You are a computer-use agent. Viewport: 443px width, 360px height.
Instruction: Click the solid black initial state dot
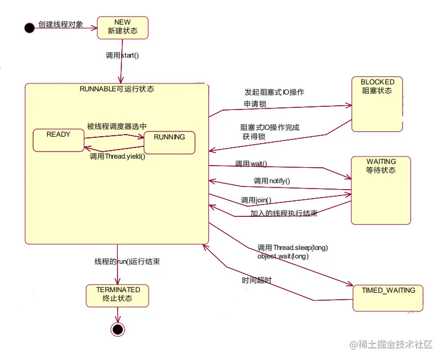(29, 28)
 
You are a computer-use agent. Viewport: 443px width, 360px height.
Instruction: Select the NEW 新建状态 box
(122, 27)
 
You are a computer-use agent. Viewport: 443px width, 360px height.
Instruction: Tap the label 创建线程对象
(60, 24)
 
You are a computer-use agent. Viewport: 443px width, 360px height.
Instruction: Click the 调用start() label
(122, 55)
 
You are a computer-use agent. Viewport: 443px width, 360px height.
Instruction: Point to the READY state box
(58, 140)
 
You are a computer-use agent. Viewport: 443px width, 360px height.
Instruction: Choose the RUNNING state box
(169, 143)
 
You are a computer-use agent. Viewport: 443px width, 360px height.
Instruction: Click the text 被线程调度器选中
(116, 127)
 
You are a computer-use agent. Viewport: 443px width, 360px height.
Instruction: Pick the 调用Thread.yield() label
(117, 157)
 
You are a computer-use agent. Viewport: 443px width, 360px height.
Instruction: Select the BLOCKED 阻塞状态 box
(377, 104)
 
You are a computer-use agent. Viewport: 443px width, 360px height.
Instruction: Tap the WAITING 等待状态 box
(381, 190)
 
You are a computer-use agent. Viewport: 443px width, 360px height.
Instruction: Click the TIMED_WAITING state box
(388, 298)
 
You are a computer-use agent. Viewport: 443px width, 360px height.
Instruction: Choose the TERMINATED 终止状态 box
(118, 295)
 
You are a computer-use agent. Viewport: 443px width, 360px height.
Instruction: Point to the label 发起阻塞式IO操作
(274, 92)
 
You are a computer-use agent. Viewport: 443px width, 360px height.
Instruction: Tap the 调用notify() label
(271, 181)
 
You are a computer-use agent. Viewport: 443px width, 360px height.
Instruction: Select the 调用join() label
(256, 200)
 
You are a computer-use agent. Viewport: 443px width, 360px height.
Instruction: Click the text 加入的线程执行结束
(284, 213)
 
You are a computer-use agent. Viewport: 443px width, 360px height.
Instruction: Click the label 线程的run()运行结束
(127, 262)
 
